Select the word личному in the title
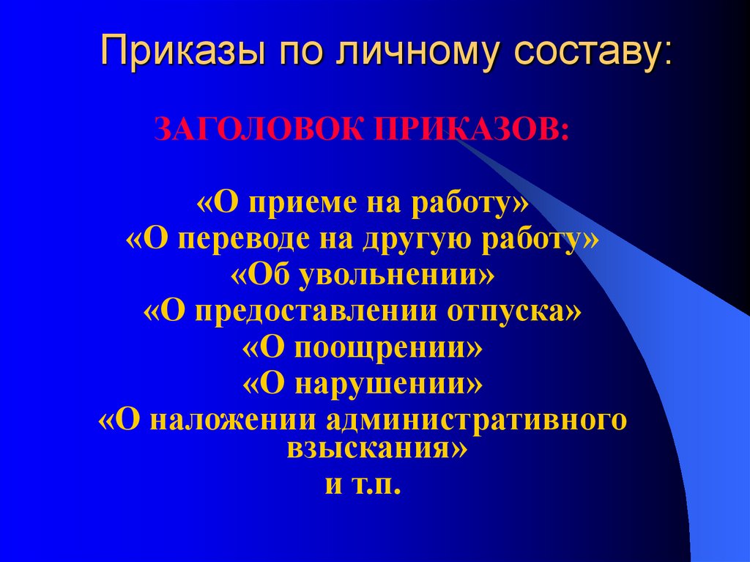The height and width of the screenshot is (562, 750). click(x=398, y=53)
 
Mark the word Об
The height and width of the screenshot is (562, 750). click(x=264, y=276)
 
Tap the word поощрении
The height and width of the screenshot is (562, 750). click(x=380, y=347)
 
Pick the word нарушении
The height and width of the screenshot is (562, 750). click(x=381, y=382)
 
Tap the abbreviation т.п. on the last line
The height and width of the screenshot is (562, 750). click(x=375, y=485)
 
